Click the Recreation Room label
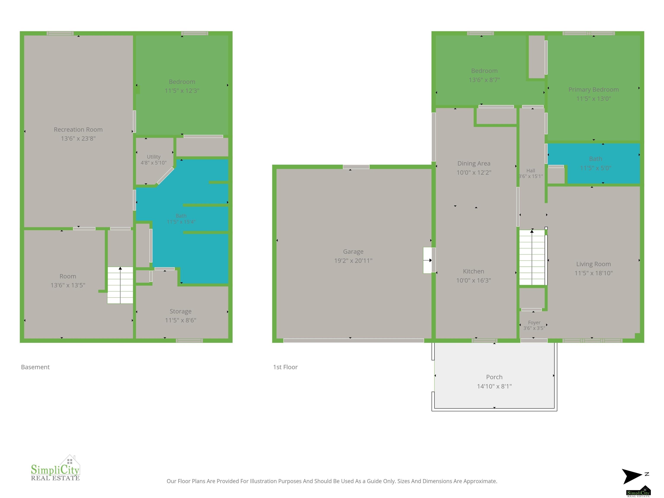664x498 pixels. click(78, 129)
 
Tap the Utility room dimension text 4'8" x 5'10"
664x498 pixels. click(153, 163)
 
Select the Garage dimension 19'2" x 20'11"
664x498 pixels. click(353, 260)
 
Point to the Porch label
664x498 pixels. click(494, 377)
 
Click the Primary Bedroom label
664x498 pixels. click(594, 89)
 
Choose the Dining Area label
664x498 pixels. click(474, 163)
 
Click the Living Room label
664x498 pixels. click(594, 264)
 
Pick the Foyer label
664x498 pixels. click(534, 322)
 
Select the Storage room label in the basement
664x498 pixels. click(180, 311)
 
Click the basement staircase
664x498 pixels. click(120, 285)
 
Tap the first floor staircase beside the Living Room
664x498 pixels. click(532, 257)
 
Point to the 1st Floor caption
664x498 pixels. click(285, 367)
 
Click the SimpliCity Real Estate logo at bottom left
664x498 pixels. click(56, 468)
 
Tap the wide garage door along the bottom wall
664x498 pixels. click(354, 340)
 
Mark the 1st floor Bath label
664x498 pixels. click(595, 159)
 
